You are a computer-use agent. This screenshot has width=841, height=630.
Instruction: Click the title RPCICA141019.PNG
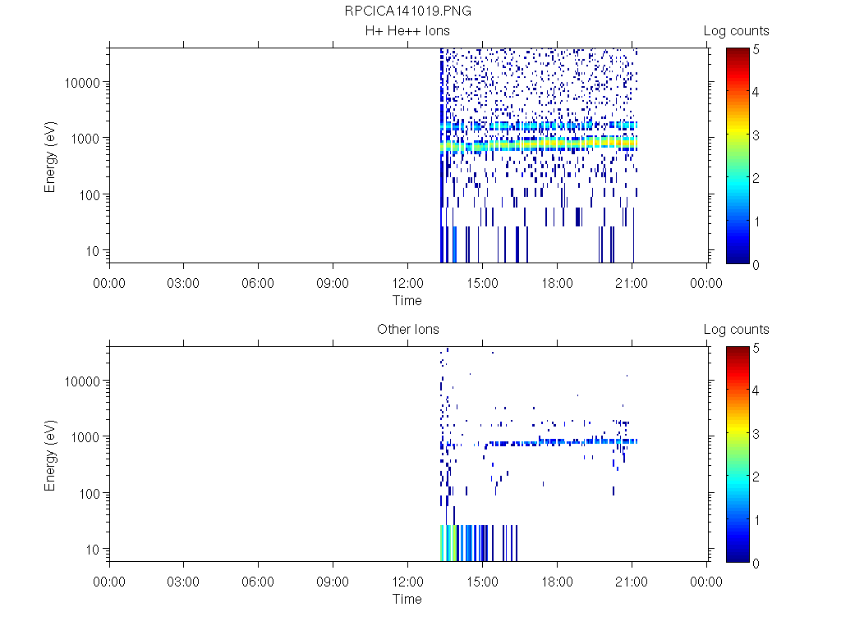[407, 11]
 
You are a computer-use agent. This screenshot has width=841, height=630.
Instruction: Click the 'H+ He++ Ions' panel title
[407, 31]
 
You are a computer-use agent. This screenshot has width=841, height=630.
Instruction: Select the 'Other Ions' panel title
[407, 330]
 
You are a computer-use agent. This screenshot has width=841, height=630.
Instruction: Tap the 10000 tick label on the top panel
[84, 83]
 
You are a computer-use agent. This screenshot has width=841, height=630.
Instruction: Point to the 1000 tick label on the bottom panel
[87, 437]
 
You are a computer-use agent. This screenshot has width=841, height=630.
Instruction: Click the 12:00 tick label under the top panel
[407, 284]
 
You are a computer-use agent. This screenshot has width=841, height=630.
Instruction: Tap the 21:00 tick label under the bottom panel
[632, 582]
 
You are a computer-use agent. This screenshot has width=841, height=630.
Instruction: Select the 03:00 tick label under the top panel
[184, 284]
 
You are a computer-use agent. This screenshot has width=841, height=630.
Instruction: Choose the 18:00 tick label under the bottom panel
[557, 582]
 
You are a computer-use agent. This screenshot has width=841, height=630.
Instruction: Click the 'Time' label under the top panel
[407, 300]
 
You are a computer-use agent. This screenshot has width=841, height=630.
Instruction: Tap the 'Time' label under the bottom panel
[407, 599]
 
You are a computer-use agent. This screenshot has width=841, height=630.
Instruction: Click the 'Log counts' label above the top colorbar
[736, 31]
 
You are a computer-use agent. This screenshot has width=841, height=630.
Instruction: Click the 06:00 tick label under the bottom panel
[259, 582]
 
